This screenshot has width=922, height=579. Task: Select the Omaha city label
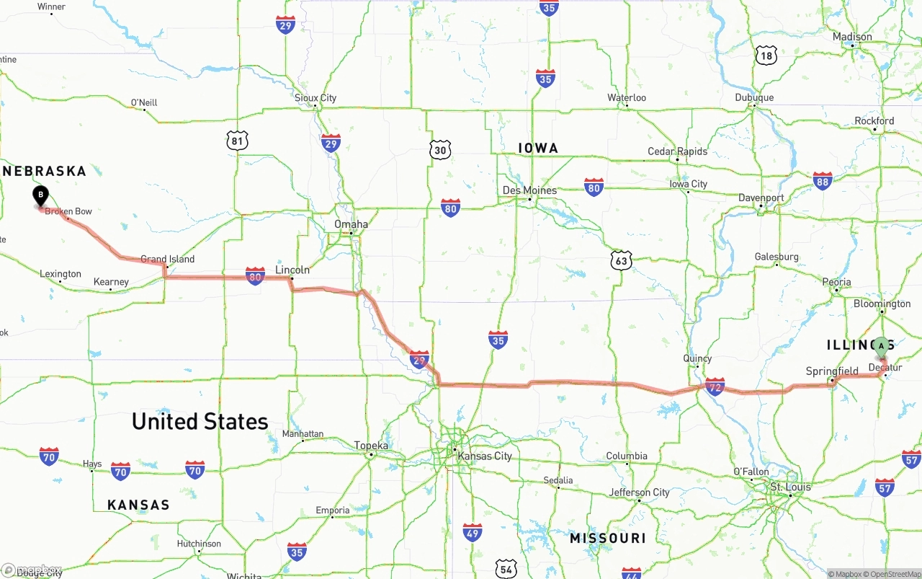[351, 224]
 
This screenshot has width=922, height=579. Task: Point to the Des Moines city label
[529, 190]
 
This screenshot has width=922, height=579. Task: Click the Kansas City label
[485, 456]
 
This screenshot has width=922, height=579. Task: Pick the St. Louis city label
[790, 487]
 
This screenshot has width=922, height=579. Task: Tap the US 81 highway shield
[238, 141]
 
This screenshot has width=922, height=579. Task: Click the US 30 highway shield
[441, 150]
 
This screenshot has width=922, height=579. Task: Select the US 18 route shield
[766, 55]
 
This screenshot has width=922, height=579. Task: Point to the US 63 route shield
[621, 260]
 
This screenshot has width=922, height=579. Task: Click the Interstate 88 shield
[823, 180]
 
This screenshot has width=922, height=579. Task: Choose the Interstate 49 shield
[473, 533]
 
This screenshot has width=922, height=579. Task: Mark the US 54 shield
[507, 569]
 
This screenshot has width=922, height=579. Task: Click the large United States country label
[200, 421]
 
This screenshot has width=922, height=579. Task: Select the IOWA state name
[538, 149]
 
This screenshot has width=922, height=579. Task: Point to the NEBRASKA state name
[45, 172]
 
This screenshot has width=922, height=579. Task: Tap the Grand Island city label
[167, 259]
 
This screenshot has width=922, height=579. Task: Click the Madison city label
[852, 37]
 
